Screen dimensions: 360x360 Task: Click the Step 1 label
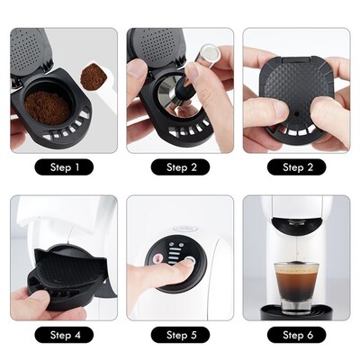coord(64,167)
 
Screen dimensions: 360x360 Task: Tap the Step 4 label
coord(64,336)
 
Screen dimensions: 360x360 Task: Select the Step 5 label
coord(179,336)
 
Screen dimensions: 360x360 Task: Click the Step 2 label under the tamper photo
coord(179,167)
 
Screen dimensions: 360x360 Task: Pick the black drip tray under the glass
coord(296,310)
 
